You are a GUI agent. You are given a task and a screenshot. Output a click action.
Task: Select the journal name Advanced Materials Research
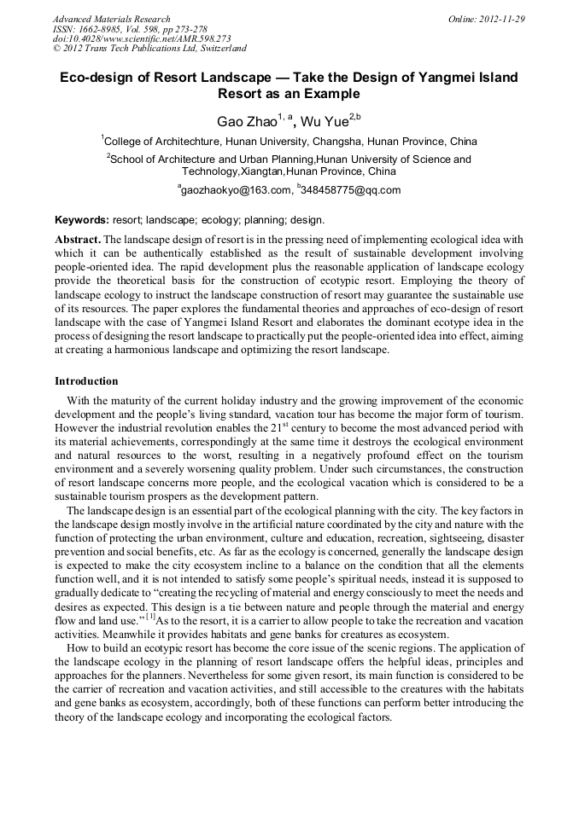tap(111, 19)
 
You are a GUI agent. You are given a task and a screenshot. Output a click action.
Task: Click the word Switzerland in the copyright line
tap(219, 49)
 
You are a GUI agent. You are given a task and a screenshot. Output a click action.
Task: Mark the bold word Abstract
tap(78, 240)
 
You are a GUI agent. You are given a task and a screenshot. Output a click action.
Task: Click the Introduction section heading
tap(86, 380)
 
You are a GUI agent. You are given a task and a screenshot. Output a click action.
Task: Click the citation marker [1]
tap(150, 616)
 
